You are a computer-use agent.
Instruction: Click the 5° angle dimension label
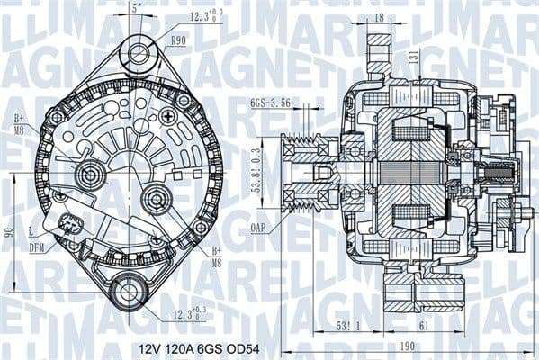[x=135, y=8]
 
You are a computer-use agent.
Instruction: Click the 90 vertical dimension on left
[x=8, y=232]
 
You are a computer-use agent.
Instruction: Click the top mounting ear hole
[x=139, y=51]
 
